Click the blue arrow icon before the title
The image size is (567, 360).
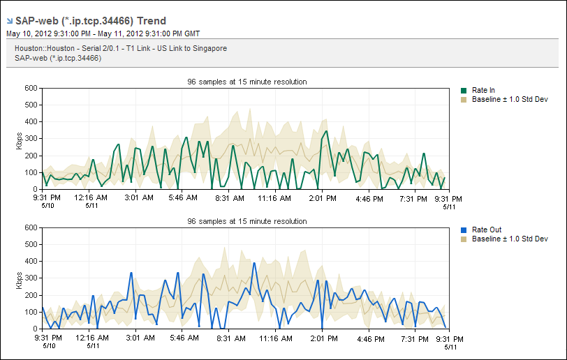tap(9, 22)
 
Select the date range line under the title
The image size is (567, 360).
tap(103, 33)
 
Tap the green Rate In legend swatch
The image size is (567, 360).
tap(464, 91)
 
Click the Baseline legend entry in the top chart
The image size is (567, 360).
tap(509, 100)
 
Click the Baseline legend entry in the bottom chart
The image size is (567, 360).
tap(509, 239)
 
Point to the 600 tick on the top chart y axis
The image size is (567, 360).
tap(30, 88)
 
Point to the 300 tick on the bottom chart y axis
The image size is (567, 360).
tap(30, 278)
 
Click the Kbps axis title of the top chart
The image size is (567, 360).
tap(19, 139)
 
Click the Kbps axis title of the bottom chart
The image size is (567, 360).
tap(19, 278)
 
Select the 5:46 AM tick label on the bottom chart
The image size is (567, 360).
tap(184, 338)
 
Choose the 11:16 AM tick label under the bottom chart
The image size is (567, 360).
tap(277, 338)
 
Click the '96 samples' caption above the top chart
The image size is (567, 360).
tap(246, 82)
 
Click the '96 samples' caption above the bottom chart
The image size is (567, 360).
tap(246, 221)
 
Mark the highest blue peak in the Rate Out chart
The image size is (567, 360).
tap(254, 263)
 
